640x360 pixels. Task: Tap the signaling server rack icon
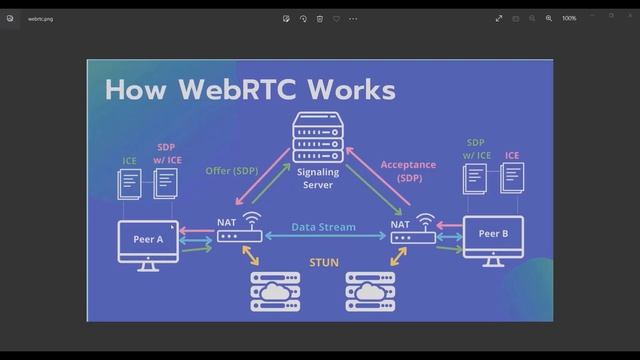click(317, 137)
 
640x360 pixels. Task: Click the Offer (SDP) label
click(233, 170)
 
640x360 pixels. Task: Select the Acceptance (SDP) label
click(409, 171)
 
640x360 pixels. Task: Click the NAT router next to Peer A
click(239, 236)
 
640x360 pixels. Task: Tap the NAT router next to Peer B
click(413, 236)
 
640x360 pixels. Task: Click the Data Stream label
click(323, 227)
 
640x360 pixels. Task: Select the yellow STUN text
click(323, 263)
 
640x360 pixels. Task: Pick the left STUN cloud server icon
click(275, 292)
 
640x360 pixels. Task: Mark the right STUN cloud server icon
click(369, 292)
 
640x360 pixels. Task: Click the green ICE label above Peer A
click(130, 160)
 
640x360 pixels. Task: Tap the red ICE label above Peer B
click(512, 155)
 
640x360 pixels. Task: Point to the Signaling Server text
click(318, 179)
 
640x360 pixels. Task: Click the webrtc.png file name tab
click(41, 18)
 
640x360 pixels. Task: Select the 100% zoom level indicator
click(569, 18)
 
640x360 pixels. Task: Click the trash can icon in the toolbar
click(320, 18)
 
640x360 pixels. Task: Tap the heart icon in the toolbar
click(337, 18)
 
